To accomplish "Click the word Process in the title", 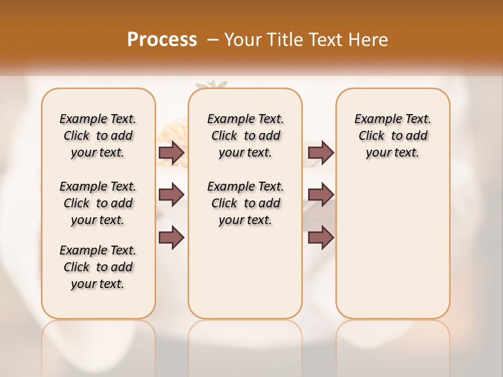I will pos(162,39).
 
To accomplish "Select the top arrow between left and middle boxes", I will pos(171,152).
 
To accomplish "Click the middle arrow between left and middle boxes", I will pos(171,195).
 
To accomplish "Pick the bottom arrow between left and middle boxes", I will pos(171,238).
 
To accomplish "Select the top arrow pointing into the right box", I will pos(321,152).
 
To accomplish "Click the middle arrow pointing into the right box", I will pos(321,195).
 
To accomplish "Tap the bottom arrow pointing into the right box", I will pos(321,238).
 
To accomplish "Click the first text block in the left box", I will pos(98,136).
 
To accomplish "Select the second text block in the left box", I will pos(98,203).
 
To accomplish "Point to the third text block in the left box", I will pos(98,267).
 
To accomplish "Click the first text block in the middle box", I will pos(245,136).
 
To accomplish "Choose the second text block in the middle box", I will pos(245,203).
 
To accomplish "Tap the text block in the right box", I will pos(392,136).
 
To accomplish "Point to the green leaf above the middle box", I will pos(213,84).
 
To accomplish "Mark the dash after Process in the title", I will pos(213,40).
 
